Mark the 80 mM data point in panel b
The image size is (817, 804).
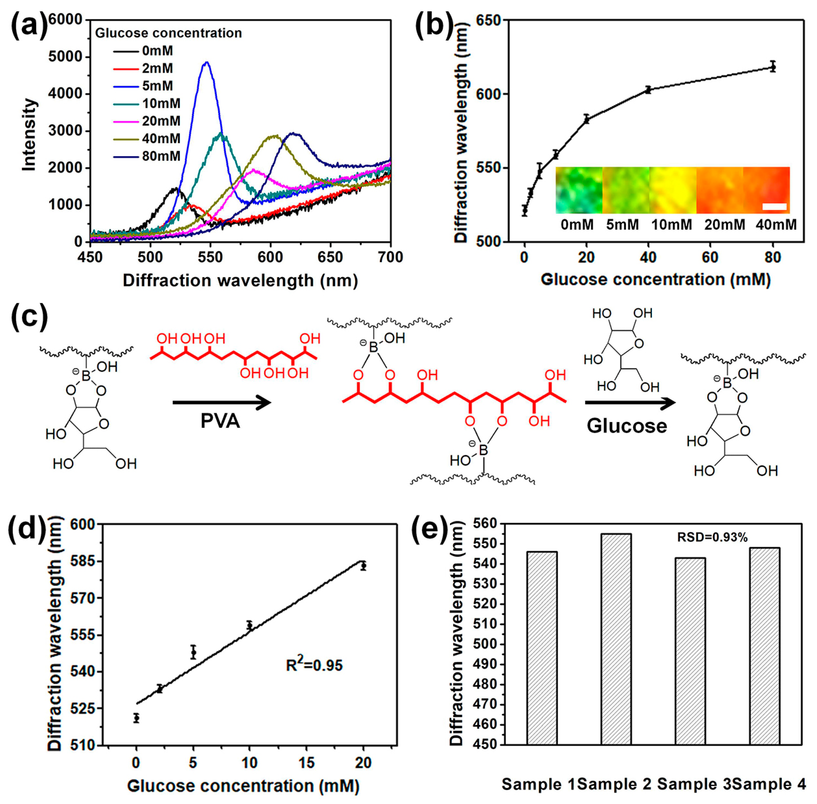pos(773,67)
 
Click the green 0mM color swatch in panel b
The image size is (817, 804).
pos(578,190)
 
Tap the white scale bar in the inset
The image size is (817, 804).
pos(774,206)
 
